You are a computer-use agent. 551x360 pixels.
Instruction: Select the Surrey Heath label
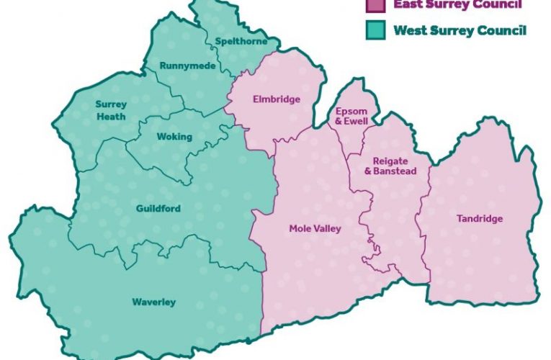[110, 110]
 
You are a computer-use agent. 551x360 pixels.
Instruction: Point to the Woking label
[174, 137]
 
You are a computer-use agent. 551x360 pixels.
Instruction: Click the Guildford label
[158, 209]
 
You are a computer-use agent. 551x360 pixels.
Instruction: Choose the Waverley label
[153, 302]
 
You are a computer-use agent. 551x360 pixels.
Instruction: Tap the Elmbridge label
[275, 99]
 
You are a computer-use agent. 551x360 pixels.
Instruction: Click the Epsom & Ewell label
[351, 116]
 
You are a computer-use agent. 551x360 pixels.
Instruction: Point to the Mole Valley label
[315, 228]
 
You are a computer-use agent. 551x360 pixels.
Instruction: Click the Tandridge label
[480, 219]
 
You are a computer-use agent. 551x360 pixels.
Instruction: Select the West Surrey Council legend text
[459, 31]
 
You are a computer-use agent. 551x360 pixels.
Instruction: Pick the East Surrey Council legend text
[457, 4]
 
